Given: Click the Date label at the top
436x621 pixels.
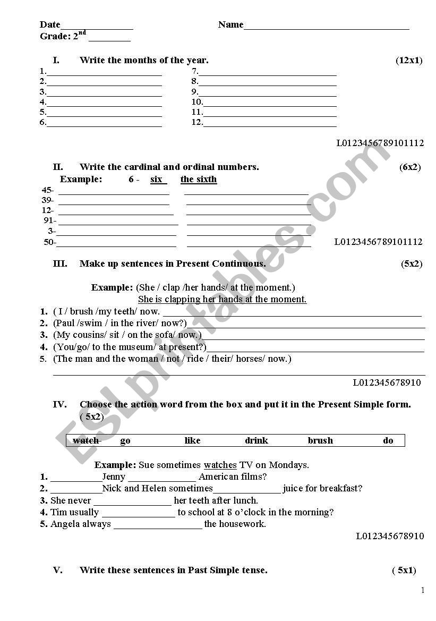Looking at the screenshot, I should tap(50, 24).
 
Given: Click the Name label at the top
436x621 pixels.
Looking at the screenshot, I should tap(230, 24).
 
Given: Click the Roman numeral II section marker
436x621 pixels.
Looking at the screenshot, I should tap(58, 167).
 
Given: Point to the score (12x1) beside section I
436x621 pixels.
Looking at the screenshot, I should tap(408, 61).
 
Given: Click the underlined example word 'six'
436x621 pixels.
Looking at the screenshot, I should tap(157, 180).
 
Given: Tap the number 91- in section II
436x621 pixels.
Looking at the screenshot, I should tap(50, 220).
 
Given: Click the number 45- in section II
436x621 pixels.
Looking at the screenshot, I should tap(48, 190).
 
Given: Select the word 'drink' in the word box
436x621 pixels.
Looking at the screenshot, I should tap(257, 441).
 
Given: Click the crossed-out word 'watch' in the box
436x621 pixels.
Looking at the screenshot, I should tap(86, 441).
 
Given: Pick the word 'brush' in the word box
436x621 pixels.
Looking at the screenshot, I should tap(320, 441).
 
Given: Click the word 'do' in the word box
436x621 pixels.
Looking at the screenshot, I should tap(388, 441).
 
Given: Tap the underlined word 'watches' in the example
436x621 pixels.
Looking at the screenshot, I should tap(220, 465).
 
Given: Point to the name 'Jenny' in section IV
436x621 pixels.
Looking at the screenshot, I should tap(114, 477).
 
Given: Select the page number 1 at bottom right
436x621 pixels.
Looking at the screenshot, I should tap(423, 590).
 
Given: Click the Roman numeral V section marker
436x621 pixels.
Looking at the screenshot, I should tap(58, 571).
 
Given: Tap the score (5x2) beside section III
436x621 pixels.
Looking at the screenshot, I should tap(411, 264).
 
